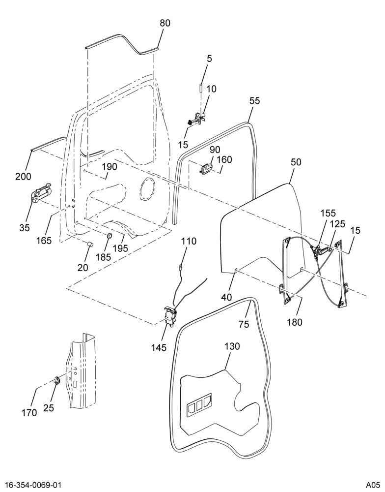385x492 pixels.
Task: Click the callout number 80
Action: coord(165,23)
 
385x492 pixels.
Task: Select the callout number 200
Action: coord(24,177)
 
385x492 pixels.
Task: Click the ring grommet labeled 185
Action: coord(109,235)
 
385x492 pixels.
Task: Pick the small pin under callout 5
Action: coord(201,88)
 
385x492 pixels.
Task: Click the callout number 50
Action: coord(296,162)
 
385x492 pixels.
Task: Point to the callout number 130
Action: coord(232,346)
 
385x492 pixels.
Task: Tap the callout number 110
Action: coord(189,241)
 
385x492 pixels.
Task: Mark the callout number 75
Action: coord(244,324)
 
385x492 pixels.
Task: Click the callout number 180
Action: coord(295,322)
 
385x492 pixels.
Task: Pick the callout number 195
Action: coord(121,248)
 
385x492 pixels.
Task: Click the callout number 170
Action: coord(29,413)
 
